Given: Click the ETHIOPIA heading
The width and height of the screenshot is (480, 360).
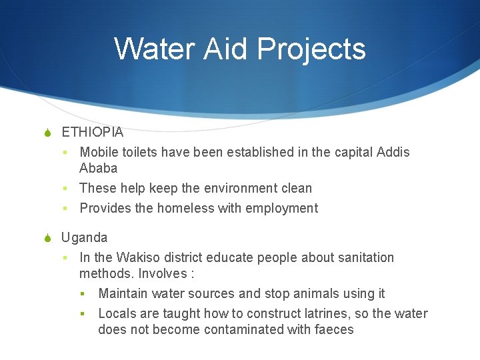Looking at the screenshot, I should click(92, 132).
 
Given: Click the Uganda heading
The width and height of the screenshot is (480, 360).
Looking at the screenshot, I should click(84, 237).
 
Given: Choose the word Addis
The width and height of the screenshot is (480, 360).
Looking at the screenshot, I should click(393, 152).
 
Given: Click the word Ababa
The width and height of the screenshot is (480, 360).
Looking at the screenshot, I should click(98, 168).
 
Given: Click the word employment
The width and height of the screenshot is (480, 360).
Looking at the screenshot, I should click(281, 208).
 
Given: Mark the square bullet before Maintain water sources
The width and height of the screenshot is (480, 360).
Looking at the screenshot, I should click(83, 294).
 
